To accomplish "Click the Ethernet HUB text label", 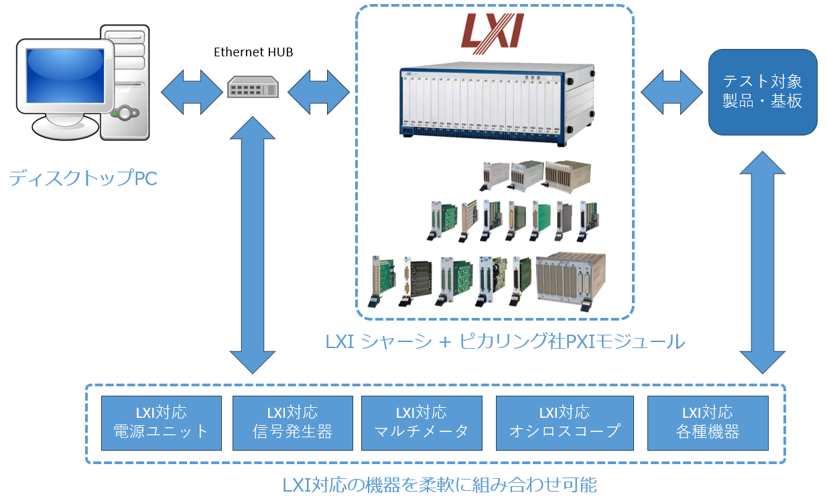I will [x=253, y=52].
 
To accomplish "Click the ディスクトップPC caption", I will [x=83, y=179].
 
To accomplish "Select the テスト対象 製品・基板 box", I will [x=763, y=92].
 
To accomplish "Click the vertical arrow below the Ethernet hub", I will [x=252, y=244].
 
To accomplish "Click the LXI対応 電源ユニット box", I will [x=161, y=423].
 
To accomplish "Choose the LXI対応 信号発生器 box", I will [x=292, y=423].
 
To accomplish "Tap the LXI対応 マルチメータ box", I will [x=422, y=423].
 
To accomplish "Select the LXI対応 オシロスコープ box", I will [x=564, y=423].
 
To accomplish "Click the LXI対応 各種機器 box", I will [x=708, y=423].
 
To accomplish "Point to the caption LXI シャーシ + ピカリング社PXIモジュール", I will [x=505, y=341].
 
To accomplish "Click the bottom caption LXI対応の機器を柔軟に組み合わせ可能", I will [x=439, y=484].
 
